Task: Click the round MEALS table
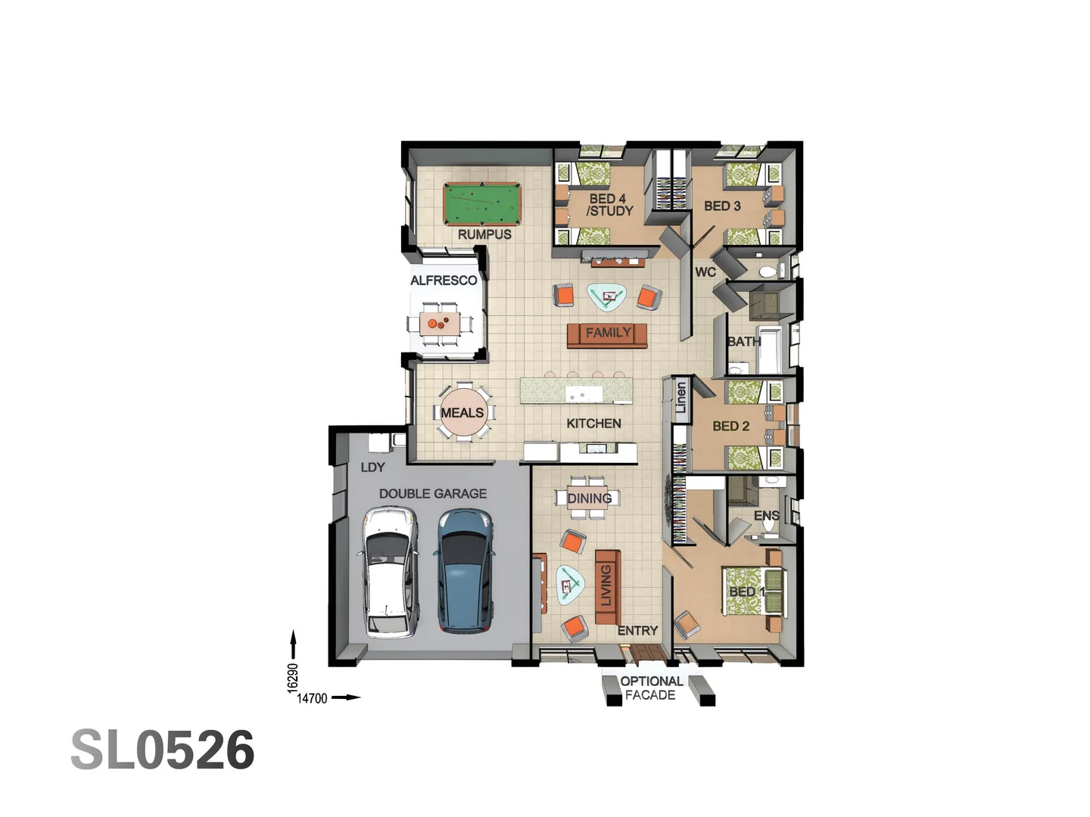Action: [462, 413]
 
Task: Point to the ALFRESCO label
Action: [444, 281]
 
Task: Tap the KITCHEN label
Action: [593, 424]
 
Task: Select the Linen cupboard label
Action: [680, 397]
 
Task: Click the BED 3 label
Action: [722, 206]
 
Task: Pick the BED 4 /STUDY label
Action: [609, 205]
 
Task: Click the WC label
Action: [705, 272]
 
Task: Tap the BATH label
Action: [743, 342]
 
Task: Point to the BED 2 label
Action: [730, 427]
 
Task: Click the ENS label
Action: [766, 516]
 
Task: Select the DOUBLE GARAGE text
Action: [433, 494]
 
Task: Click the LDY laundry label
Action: [372, 468]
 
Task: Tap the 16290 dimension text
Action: [293, 678]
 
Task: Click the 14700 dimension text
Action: [312, 698]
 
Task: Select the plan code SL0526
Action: [163, 750]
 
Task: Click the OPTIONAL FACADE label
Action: [651, 688]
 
